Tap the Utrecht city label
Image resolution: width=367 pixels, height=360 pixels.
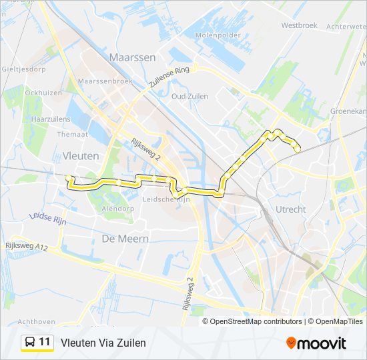click(290, 209)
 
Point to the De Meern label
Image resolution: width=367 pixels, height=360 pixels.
click(125, 238)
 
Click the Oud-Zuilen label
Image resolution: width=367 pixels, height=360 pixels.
click(190, 97)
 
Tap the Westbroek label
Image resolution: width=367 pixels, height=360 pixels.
click(298, 25)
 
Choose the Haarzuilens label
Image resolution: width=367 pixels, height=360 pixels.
click(46, 118)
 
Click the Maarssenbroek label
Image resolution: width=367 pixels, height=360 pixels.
click(101, 81)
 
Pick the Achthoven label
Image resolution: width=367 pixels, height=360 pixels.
click(37, 321)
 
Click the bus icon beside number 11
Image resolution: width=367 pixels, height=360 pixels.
click(30, 343)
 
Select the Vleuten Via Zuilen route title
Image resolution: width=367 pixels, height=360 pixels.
click(103, 343)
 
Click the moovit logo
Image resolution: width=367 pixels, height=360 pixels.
click(316, 343)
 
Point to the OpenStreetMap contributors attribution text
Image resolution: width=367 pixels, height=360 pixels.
click(256, 321)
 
